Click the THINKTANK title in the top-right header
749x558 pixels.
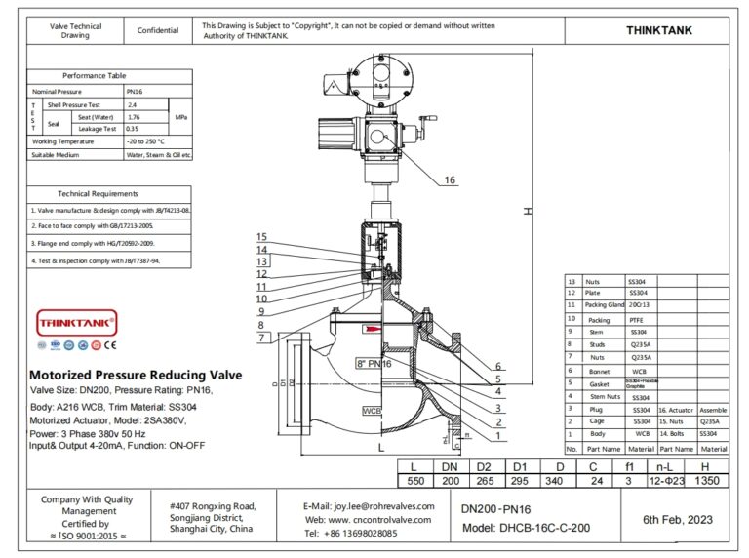coord(659,30)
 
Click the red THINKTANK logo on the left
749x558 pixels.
coord(76,320)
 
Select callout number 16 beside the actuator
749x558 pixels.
coord(450,180)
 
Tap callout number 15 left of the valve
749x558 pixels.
coord(261,237)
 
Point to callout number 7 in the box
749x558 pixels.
coord(262,338)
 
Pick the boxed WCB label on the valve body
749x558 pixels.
coord(372,412)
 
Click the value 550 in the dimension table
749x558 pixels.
coord(415,481)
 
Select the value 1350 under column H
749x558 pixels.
coord(707,481)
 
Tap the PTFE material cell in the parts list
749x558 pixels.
coord(639,319)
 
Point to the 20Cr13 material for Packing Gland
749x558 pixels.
coord(641,305)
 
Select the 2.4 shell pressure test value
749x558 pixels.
coord(133,103)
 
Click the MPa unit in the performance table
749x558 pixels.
coord(181,116)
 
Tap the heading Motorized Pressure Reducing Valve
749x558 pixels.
coord(136,376)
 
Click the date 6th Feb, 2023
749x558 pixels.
coord(678,520)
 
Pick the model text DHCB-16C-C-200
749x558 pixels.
coord(541,528)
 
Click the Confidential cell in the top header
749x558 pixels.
coord(158,30)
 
